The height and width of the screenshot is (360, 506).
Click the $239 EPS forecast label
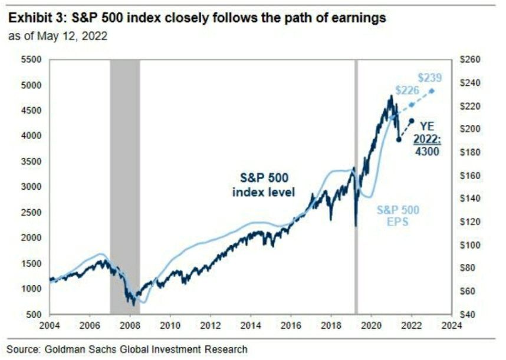[430, 78]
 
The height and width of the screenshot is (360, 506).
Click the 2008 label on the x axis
[130, 325]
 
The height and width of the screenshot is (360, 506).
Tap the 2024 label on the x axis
[452, 325]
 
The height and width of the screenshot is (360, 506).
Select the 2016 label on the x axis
[291, 325]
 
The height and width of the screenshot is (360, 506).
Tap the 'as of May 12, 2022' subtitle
[58, 37]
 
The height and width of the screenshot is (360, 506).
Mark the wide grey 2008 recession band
[125, 186]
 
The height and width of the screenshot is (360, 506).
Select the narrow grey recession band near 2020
[356, 186]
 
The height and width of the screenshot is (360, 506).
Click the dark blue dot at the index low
[399, 140]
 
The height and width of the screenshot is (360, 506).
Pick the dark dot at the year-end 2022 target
[412, 121]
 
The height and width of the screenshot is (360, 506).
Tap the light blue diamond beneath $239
[432, 91]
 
